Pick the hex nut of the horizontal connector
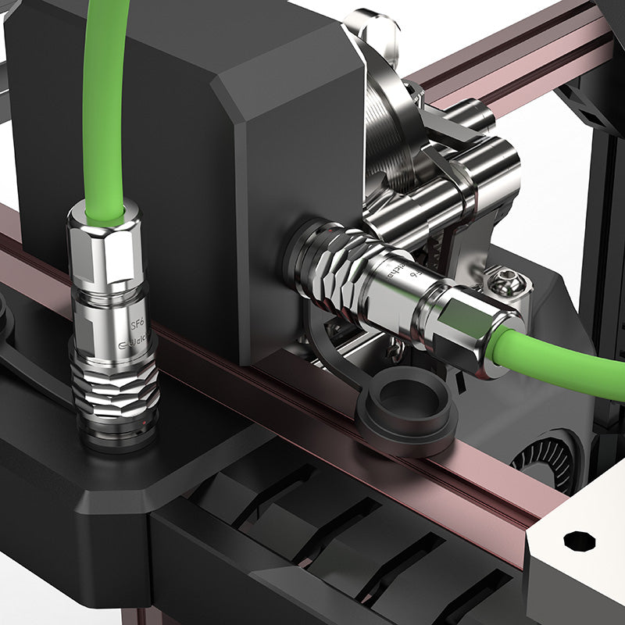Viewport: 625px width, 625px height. [x=477, y=328]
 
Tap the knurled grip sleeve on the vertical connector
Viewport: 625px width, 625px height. [x=115, y=391]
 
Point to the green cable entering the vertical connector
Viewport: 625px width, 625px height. [x=105, y=117]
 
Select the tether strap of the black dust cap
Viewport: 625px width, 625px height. [x=336, y=344]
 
